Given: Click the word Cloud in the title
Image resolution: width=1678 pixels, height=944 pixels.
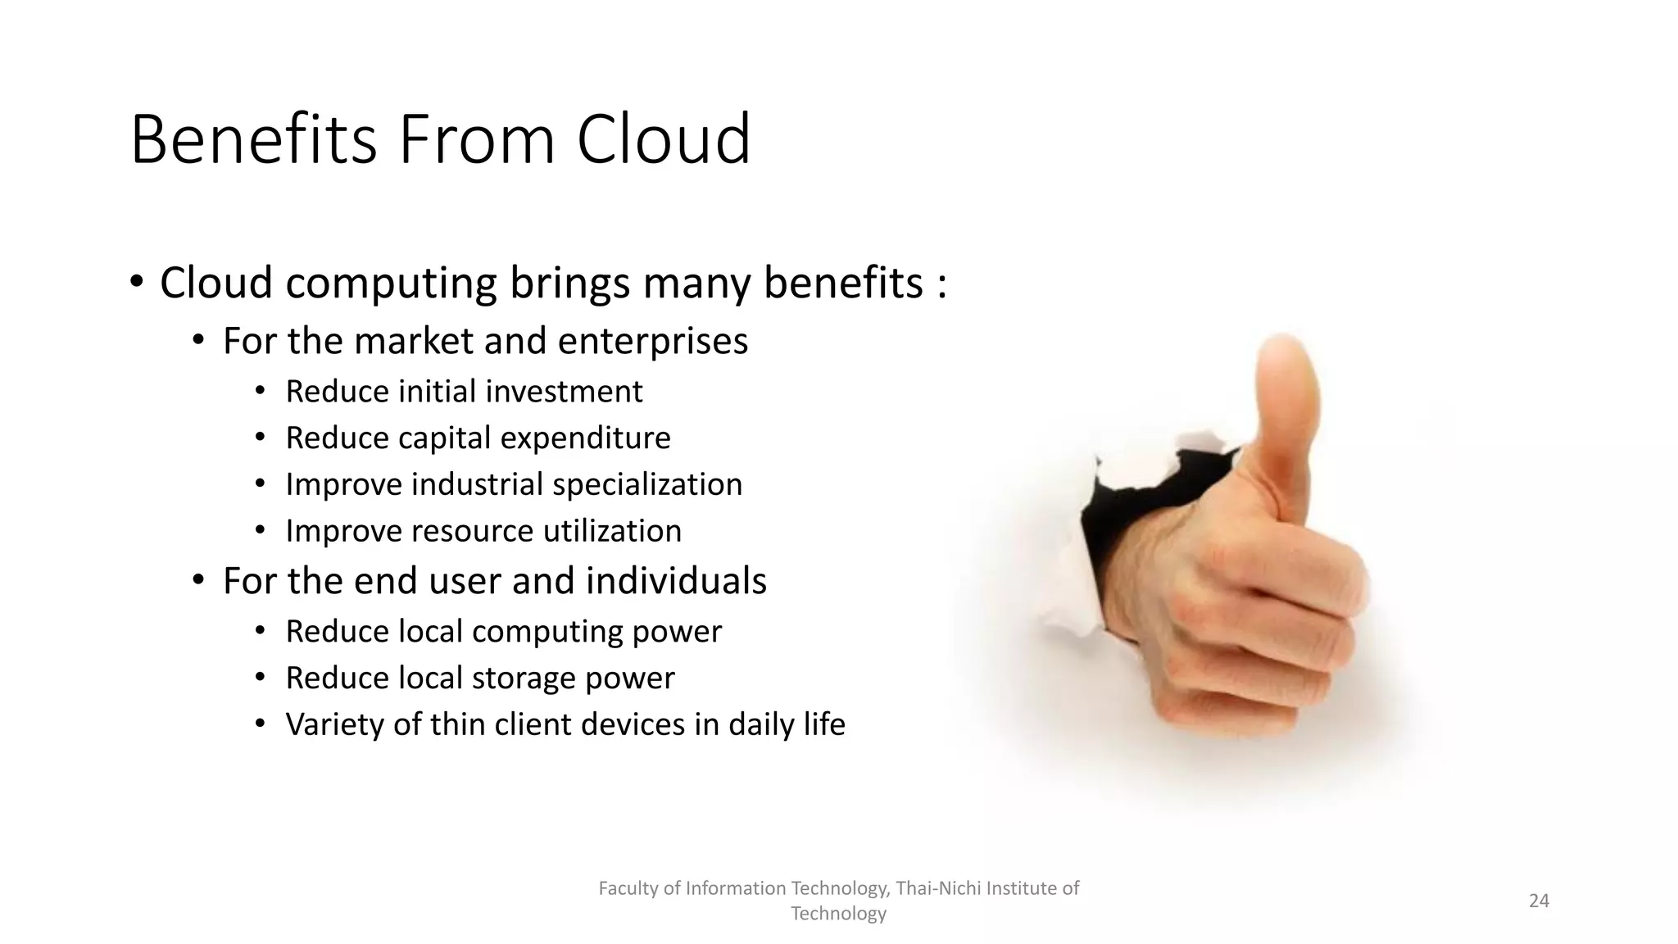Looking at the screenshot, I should tap(663, 139).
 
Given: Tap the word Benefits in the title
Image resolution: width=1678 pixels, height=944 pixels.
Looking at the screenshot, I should tap(253, 139).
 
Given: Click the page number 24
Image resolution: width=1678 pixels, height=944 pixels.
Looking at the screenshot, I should tap(1539, 901).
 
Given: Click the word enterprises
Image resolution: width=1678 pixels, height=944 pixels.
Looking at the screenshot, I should tap(653, 342).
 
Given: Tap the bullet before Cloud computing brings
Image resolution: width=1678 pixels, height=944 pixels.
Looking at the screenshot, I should tap(137, 284).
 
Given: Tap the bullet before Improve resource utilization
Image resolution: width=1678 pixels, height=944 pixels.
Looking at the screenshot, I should tap(260, 531).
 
